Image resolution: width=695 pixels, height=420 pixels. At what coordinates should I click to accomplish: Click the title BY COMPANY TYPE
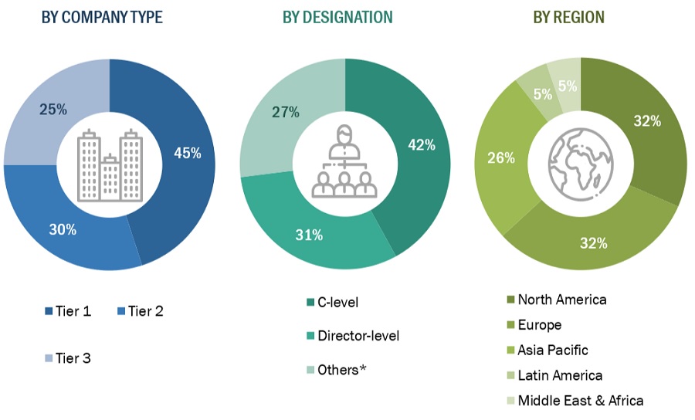pos(102,17)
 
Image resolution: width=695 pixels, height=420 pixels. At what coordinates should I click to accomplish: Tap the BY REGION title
pos(568,17)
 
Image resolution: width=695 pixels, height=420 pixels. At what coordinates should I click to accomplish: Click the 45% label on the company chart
pos(188,153)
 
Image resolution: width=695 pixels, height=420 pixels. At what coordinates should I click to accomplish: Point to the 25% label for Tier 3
pos(53,110)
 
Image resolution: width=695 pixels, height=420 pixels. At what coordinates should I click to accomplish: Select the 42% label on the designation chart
pos(422,144)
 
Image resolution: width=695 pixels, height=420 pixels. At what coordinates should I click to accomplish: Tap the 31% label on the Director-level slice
pos(308,235)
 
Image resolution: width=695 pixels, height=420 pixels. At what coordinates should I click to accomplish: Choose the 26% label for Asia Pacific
pos(501,157)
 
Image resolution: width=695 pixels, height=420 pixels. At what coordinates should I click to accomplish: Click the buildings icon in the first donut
pos(110,164)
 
